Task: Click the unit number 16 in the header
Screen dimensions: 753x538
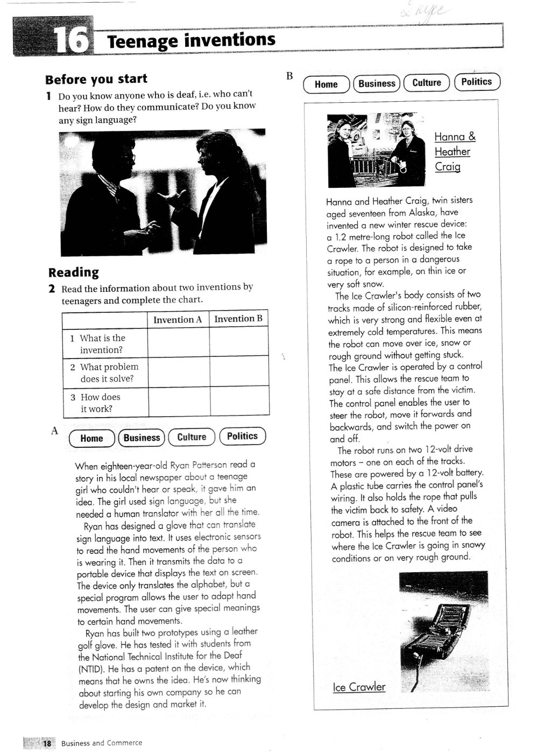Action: [x=73, y=40]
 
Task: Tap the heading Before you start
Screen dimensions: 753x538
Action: [x=96, y=79]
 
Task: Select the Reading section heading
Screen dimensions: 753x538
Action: [x=74, y=272]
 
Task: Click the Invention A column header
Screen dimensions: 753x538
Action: [x=178, y=320]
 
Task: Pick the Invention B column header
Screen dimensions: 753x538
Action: [x=238, y=319]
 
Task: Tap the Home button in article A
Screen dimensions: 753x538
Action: [x=92, y=439]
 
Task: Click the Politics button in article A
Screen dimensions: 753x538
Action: [x=242, y=437]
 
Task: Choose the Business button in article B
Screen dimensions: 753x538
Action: [x=377, y=83]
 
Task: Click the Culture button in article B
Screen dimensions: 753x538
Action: [x=427, y=83]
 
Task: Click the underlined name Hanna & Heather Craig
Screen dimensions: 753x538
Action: [x=454, y=152]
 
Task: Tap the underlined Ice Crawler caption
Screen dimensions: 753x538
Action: [x=359, y=687]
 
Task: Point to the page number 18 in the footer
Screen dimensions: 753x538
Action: [x=47, y=743]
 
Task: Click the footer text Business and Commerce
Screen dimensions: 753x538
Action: [x=102, y=743]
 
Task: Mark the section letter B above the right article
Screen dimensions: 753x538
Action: [x=289, y=76]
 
